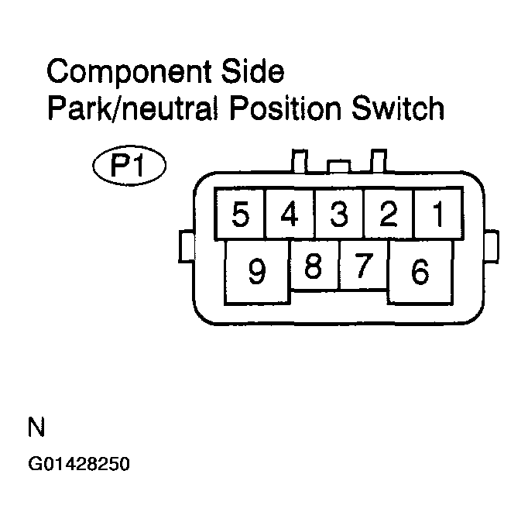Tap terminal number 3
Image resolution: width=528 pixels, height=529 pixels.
click(x=338, y=214)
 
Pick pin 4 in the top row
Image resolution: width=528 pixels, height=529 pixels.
click(x=290, y=214)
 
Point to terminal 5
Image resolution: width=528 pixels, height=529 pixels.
click(x=241, y=214)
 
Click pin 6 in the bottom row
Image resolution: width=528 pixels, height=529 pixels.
click(x=420, y=272)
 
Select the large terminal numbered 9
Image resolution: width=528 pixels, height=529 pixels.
click(x=257, y=272)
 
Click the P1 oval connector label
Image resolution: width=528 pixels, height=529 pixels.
click(x=129, y=166)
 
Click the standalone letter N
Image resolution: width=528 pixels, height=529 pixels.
click(x=36, y=428)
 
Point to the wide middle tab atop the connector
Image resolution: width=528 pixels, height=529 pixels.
click(x=338, y=167)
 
